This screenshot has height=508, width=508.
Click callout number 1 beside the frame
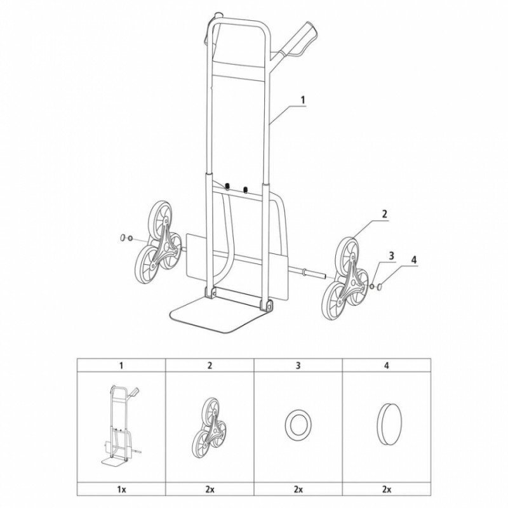coord(304,100)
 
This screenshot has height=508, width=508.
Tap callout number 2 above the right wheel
coord(385,214)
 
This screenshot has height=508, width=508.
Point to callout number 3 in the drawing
coord(391,256)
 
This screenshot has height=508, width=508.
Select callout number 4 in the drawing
coord(414,260)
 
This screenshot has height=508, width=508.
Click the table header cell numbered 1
coord(121,366)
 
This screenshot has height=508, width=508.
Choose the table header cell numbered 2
coord(210,366)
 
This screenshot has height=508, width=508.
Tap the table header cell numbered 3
coord(298,366)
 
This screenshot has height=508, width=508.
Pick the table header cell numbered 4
coord(387,366)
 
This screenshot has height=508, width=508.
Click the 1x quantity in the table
coord(121,489)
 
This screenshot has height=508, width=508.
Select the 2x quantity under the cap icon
coord(387,489)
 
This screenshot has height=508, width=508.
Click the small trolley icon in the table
coord(121,424)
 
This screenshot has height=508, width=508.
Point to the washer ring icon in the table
coord(298,424)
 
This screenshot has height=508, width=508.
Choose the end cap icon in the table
coord(389,424)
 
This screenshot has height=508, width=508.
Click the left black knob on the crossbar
coord(227,187)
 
